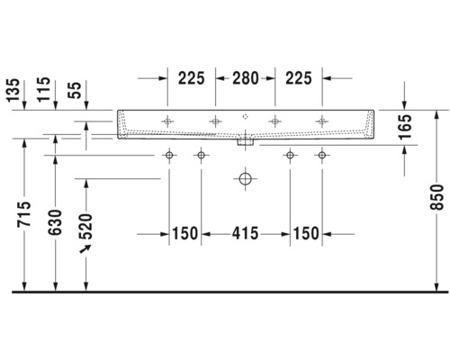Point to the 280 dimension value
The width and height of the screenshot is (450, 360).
coord(244,77)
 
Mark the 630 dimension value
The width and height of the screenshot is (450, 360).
coord(56,218)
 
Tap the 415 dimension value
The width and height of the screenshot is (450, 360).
coord(244,234)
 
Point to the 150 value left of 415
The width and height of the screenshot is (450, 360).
coord(184,234)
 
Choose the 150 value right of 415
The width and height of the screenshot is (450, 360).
coord(305,234)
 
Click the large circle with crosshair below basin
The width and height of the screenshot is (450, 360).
coord(244,179)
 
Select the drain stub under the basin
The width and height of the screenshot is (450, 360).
coord(244,141)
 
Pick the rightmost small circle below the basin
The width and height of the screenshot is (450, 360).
coord(319,156)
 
